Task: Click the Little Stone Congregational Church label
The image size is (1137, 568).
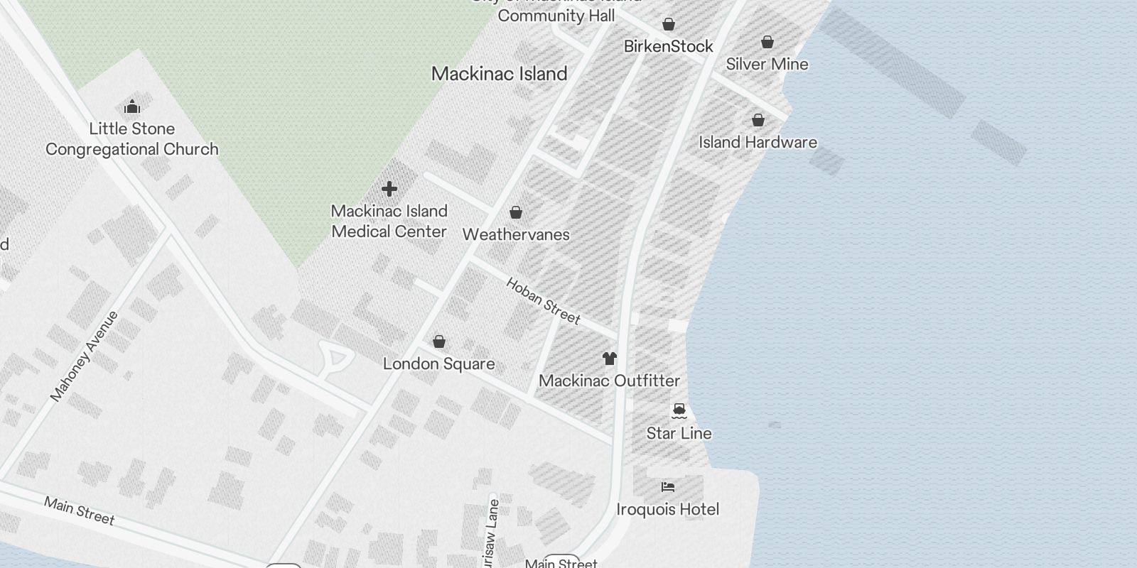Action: [x=132, y=139]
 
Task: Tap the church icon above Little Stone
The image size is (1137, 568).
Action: [x=131, y=108]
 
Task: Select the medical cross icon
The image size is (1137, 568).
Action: [x=389, y=189]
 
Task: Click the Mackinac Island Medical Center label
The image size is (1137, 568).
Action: [x=389, y=222]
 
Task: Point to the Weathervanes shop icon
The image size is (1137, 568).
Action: [x=516, y=212]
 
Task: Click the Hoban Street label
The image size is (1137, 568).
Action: [x=543, y=300]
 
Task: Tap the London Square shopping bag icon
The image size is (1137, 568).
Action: [x=439, y=342]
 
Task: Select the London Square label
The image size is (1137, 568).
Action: [x=438, y=364]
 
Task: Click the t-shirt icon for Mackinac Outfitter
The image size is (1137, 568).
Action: [x=609, y=359]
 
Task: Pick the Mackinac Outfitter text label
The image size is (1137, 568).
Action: [x=609, y=381]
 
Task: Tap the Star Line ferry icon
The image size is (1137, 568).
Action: [x=679, y=410]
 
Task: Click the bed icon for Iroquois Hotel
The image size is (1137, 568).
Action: [x=667, y=487]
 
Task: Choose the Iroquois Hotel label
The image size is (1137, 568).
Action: [x=667, y=510]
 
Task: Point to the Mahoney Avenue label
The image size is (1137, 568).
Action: [x=85, y=356]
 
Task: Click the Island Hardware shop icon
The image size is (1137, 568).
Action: [x=758, y=120]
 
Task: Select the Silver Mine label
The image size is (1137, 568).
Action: [x=767, y=65]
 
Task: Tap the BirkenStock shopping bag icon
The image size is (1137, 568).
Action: [x=668, y=25]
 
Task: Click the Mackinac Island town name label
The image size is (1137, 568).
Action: [x=499, y=74]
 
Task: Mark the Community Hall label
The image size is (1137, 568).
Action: [x=556, y=16]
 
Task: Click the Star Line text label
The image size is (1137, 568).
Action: [x=679, y=433]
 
